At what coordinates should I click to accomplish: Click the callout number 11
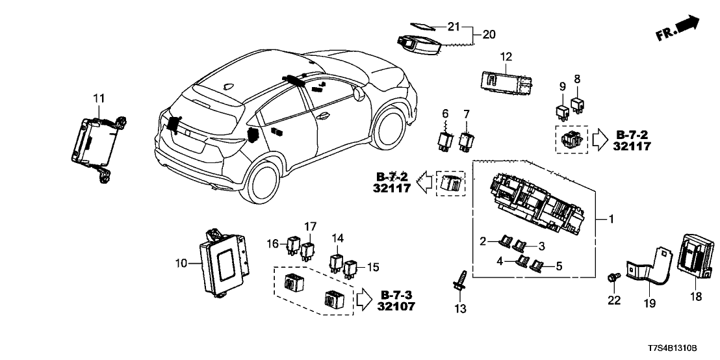coord(98,98)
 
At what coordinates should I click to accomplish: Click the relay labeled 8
coord(576,103)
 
